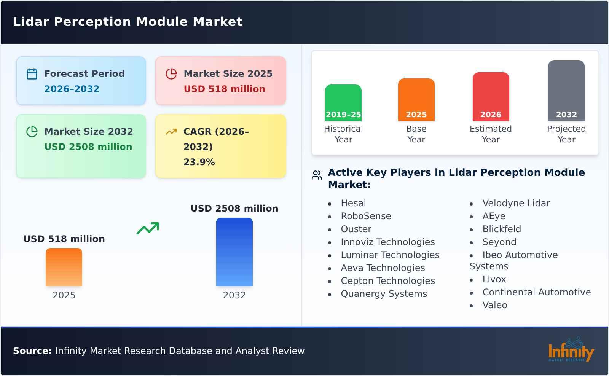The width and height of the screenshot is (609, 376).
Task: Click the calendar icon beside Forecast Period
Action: (x=32, y=74)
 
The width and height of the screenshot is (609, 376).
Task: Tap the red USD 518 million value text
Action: (x=224, y=89)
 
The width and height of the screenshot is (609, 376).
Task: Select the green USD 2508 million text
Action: (x=88, y=147)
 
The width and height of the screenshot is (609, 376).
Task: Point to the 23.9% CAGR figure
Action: (x=199, y=162)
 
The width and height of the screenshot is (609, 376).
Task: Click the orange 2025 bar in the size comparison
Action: (x=64, y=267)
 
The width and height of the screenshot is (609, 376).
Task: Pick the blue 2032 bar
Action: (x=234, y=252)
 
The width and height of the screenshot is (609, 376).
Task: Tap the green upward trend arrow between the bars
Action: (x=148, y=228)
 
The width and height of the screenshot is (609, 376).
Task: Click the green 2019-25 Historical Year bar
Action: (x=343, y=102)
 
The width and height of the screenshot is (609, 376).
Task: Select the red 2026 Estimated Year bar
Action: (x=491, y=96)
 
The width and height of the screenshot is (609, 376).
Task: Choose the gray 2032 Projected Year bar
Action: (x=566, y=90)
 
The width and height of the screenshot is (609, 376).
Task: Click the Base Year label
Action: (x=416, y=134)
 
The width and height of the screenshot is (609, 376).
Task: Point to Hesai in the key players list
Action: (x=353, y=203)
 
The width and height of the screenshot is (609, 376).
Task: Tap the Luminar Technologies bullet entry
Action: (x=390, y=255)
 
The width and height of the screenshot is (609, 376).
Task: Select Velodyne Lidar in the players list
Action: (x=516, y=203)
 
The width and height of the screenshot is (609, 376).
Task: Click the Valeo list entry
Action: (x=494, y=305)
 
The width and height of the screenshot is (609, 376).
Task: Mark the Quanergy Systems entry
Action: (x=384, y=294)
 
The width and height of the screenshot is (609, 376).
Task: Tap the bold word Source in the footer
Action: (x=32, y=351)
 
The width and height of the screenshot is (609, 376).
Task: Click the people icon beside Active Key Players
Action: (x=317, y=175)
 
